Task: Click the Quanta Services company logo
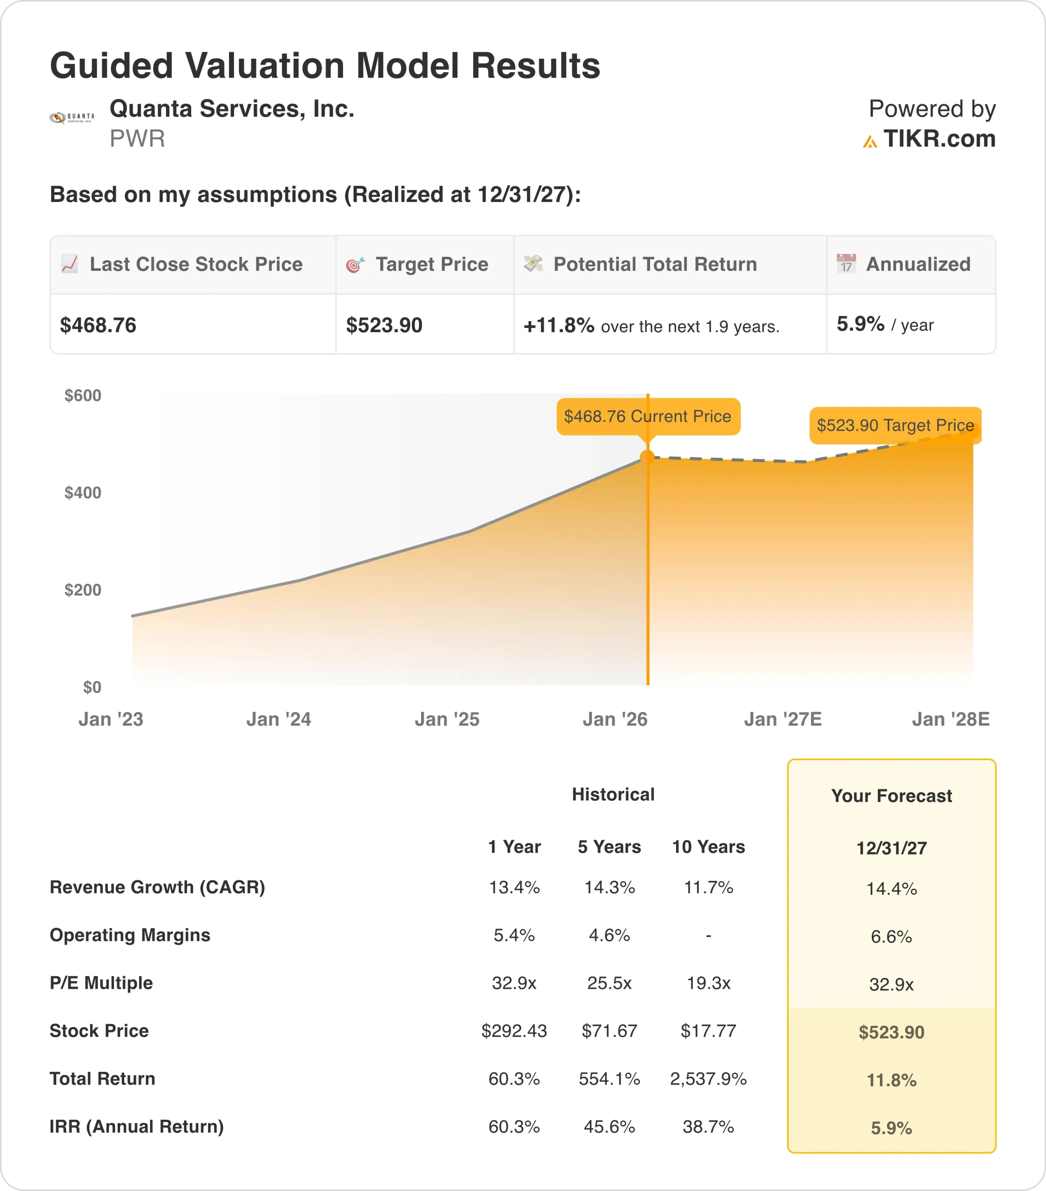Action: click(x=72, y=118)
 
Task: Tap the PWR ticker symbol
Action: click(x=137, y=139)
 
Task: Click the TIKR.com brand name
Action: click(x=939, y=139)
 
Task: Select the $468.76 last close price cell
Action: click(x=98, y=325)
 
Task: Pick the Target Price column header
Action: click(x=431, y=265)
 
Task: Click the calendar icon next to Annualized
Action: click(x=845, y=264)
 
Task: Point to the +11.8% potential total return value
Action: click(x=558, y=325)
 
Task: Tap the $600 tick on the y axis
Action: click(x=83, y=395)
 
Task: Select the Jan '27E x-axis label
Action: click(x=783, y=719)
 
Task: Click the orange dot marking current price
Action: click(x=647, y=457)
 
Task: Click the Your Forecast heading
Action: click(x=891, y=796)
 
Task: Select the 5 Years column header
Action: click(x=609, y=847)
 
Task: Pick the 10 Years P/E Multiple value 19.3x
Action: click(x=708, y=983)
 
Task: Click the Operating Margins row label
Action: click(x=130, y=935)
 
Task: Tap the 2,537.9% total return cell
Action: click(x=708, y=1078)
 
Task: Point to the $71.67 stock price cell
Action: click(x=609, y=1031)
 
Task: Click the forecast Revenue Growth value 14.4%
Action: click(x=891, y=889)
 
